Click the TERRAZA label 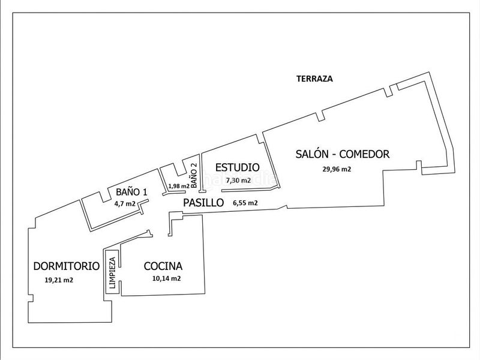(x=314, y=79)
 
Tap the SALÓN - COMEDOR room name (x=342, y=154)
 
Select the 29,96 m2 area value (x=337, y=169)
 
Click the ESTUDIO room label (x=237, y=167)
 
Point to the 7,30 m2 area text (x=238, y=181)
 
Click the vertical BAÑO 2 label (x=194, y=175)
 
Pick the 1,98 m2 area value (x=179, y=186)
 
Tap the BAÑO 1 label (x=131, y=192)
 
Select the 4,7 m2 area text (x=124, y=203)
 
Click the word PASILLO (x=203, y=203)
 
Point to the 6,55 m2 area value (x=245, y=203)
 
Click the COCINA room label (x=163, y=266)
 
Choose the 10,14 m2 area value (x=166, y=278)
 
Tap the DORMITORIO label (x=67, y=266)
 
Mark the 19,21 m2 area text (x=59, y=280)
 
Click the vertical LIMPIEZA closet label (x=112, y=273)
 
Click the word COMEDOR (x=364, y=154)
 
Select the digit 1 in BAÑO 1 (x=145, y=192)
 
